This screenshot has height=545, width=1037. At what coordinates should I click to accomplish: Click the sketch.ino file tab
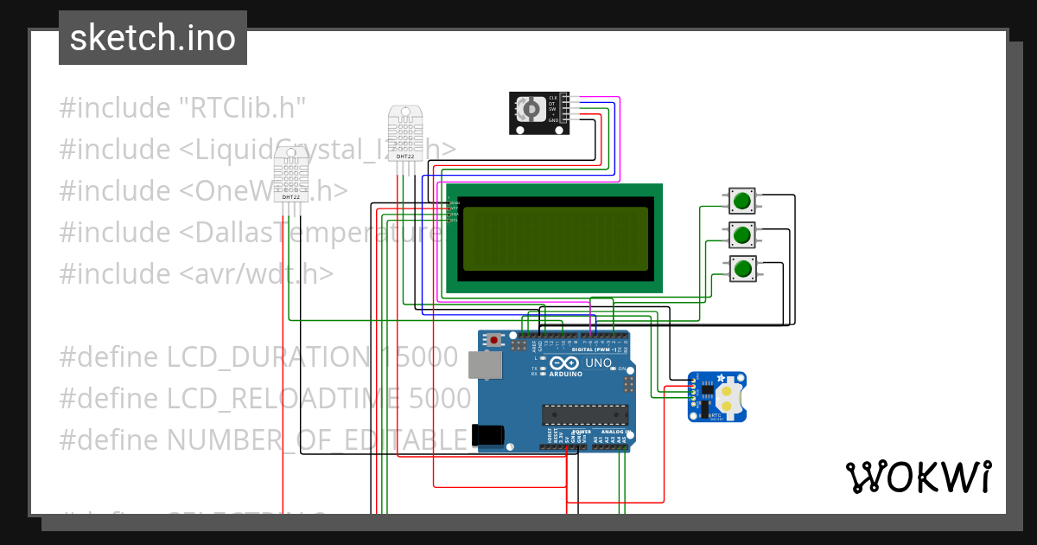tap(153, 38)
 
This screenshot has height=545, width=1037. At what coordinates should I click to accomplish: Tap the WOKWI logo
tap(918, 477)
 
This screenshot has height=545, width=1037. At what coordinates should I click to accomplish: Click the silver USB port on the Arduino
tap(482, 364)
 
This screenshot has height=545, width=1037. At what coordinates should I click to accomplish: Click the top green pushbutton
tap(741, 202)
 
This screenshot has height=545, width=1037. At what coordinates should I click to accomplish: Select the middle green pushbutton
tap(741, 234)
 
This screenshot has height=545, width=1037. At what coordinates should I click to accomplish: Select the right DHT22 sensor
tap(405, 133)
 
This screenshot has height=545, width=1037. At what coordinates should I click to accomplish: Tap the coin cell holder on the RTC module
tap(730, 397)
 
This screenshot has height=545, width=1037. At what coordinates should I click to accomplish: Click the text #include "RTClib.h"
tap(183, 108)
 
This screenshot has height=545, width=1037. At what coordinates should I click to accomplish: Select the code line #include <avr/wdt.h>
tap(196, 273)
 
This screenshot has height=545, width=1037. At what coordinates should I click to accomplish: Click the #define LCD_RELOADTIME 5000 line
tap(265, 398)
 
